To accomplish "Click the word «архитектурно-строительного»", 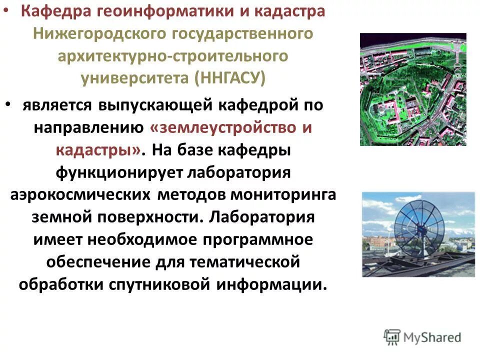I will (x=173, y=56).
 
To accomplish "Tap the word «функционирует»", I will (x=117, y=172).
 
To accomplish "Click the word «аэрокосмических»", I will (x=80, y=195).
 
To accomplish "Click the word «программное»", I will (x=257, y=239).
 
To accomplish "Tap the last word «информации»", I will (x=272, y=284).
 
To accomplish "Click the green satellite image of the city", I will (x=413, y=89).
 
